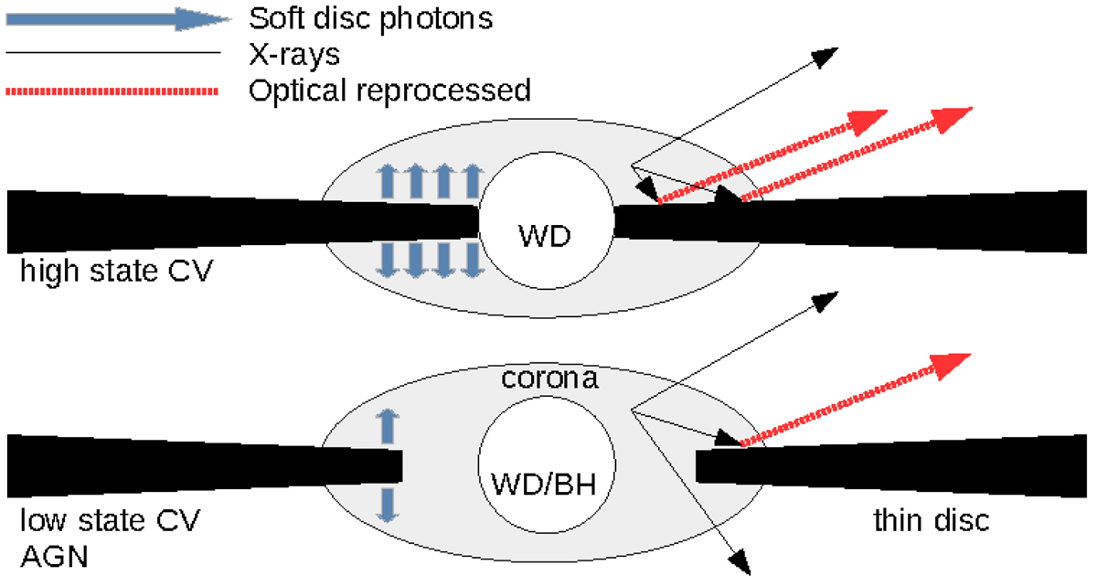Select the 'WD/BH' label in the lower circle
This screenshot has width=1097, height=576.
[544, 483]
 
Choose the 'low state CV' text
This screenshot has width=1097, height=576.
[109, 521]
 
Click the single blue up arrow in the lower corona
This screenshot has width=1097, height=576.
[389, 426]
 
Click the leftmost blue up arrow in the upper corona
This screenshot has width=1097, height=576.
[388, 180]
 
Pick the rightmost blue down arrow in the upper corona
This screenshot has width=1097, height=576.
[471, 261]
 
